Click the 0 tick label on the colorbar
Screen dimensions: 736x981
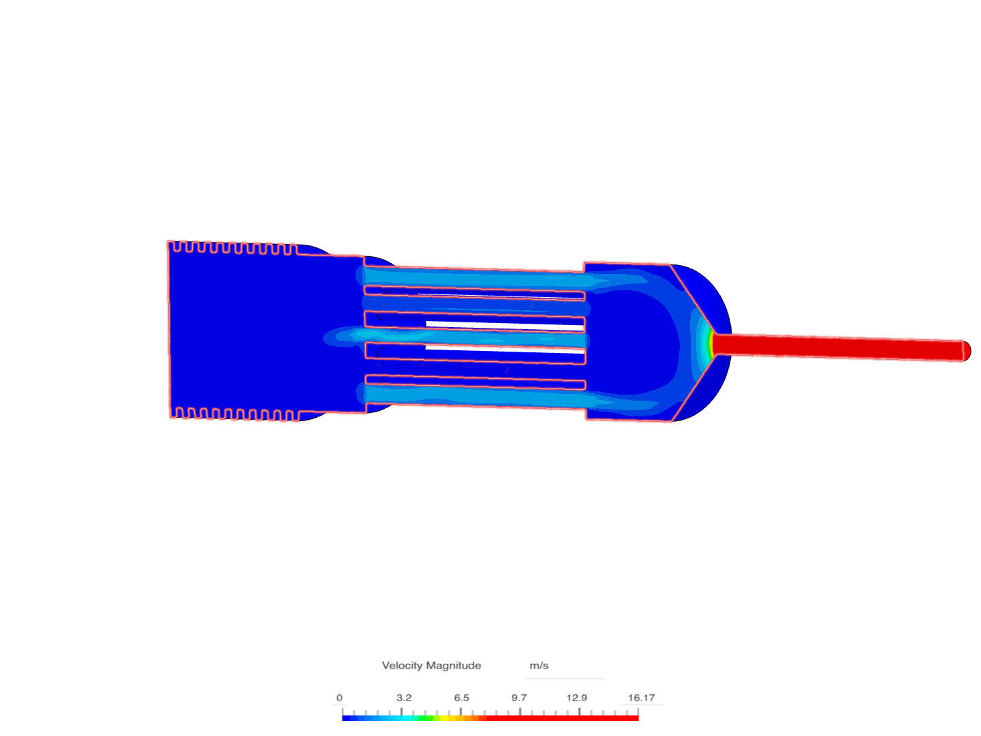339,698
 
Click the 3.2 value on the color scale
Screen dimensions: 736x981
403,698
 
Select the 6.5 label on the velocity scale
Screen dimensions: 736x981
461,698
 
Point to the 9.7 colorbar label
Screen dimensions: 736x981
519,698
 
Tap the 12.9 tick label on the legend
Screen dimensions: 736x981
576,698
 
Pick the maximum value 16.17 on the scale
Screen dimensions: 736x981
641,698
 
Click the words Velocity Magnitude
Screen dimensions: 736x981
431,665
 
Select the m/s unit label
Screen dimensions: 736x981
539,665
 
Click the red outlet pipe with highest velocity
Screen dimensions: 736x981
838,347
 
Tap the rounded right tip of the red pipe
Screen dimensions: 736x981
965,351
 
